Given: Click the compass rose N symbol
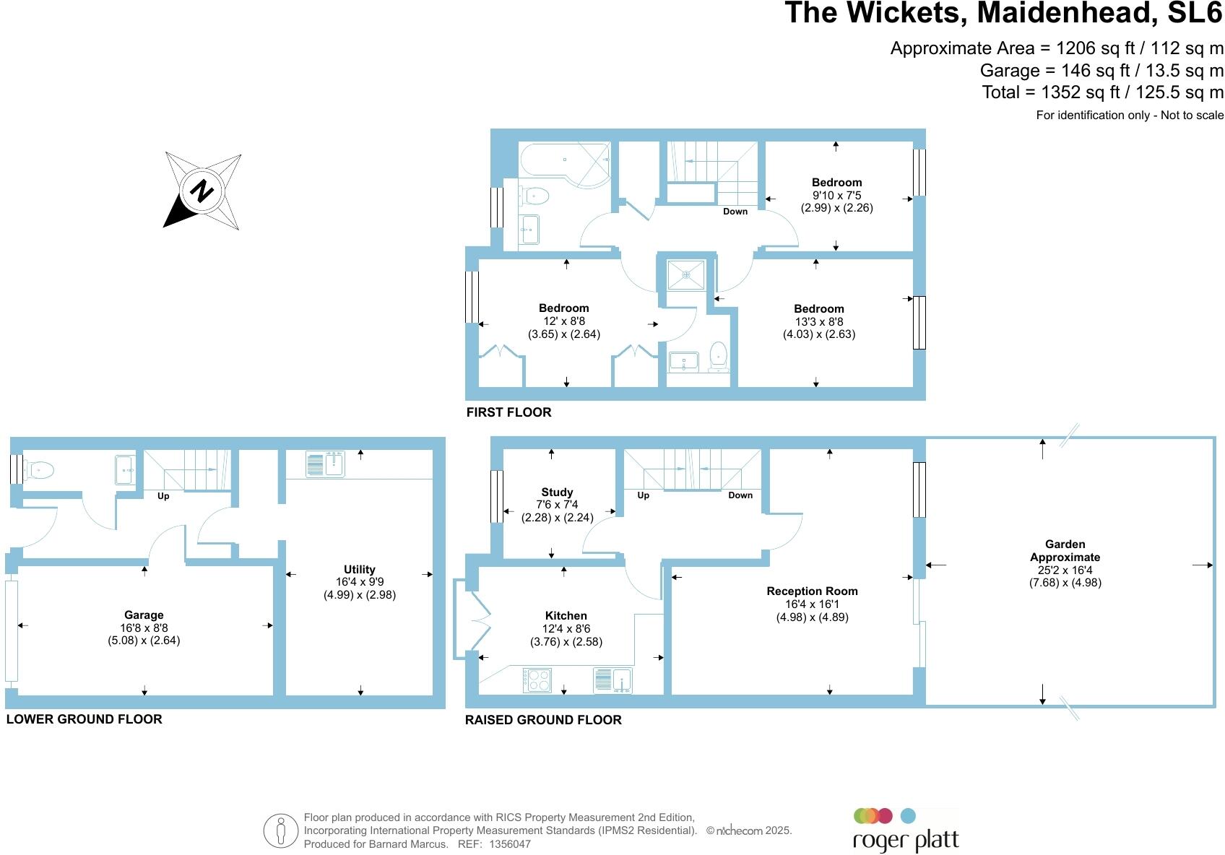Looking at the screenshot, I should coord(202,191).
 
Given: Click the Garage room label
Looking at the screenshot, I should coord(144,615).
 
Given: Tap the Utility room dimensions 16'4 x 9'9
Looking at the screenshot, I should coord(360,582).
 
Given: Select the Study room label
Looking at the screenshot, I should coord(557,492).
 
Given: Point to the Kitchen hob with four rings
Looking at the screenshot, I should coord(537,680).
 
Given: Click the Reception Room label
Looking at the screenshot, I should coord(812,591).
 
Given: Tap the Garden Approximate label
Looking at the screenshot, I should coord(1065,550).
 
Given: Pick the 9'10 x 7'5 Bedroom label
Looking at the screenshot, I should coord(836,183).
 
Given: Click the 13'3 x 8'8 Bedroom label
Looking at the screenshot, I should coord(818,308).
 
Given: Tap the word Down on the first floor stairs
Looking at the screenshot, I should coord(735,212).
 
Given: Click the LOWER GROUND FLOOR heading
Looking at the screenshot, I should coord(84,719).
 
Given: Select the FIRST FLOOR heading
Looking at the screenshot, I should coord(508,412).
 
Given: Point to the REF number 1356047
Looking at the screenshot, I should coord(509,843).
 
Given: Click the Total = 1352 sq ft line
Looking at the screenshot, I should coord(1102,92).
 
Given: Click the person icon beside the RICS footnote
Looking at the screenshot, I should coord(280,830).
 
